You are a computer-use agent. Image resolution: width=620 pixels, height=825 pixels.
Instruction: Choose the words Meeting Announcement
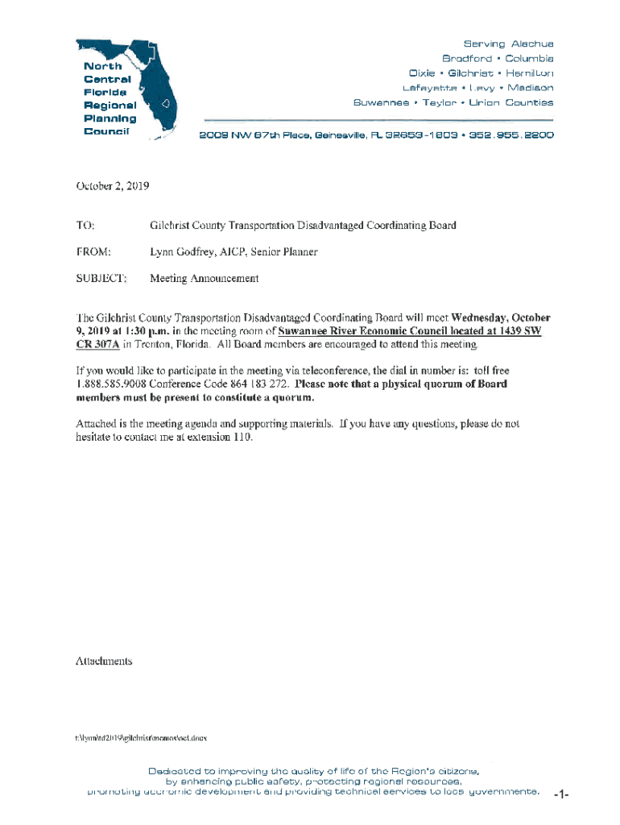point(205,279)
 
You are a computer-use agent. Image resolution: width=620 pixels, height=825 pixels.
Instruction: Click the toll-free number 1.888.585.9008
point(110,383)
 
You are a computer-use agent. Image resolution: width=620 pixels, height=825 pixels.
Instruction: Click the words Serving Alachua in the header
point(508,44)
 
